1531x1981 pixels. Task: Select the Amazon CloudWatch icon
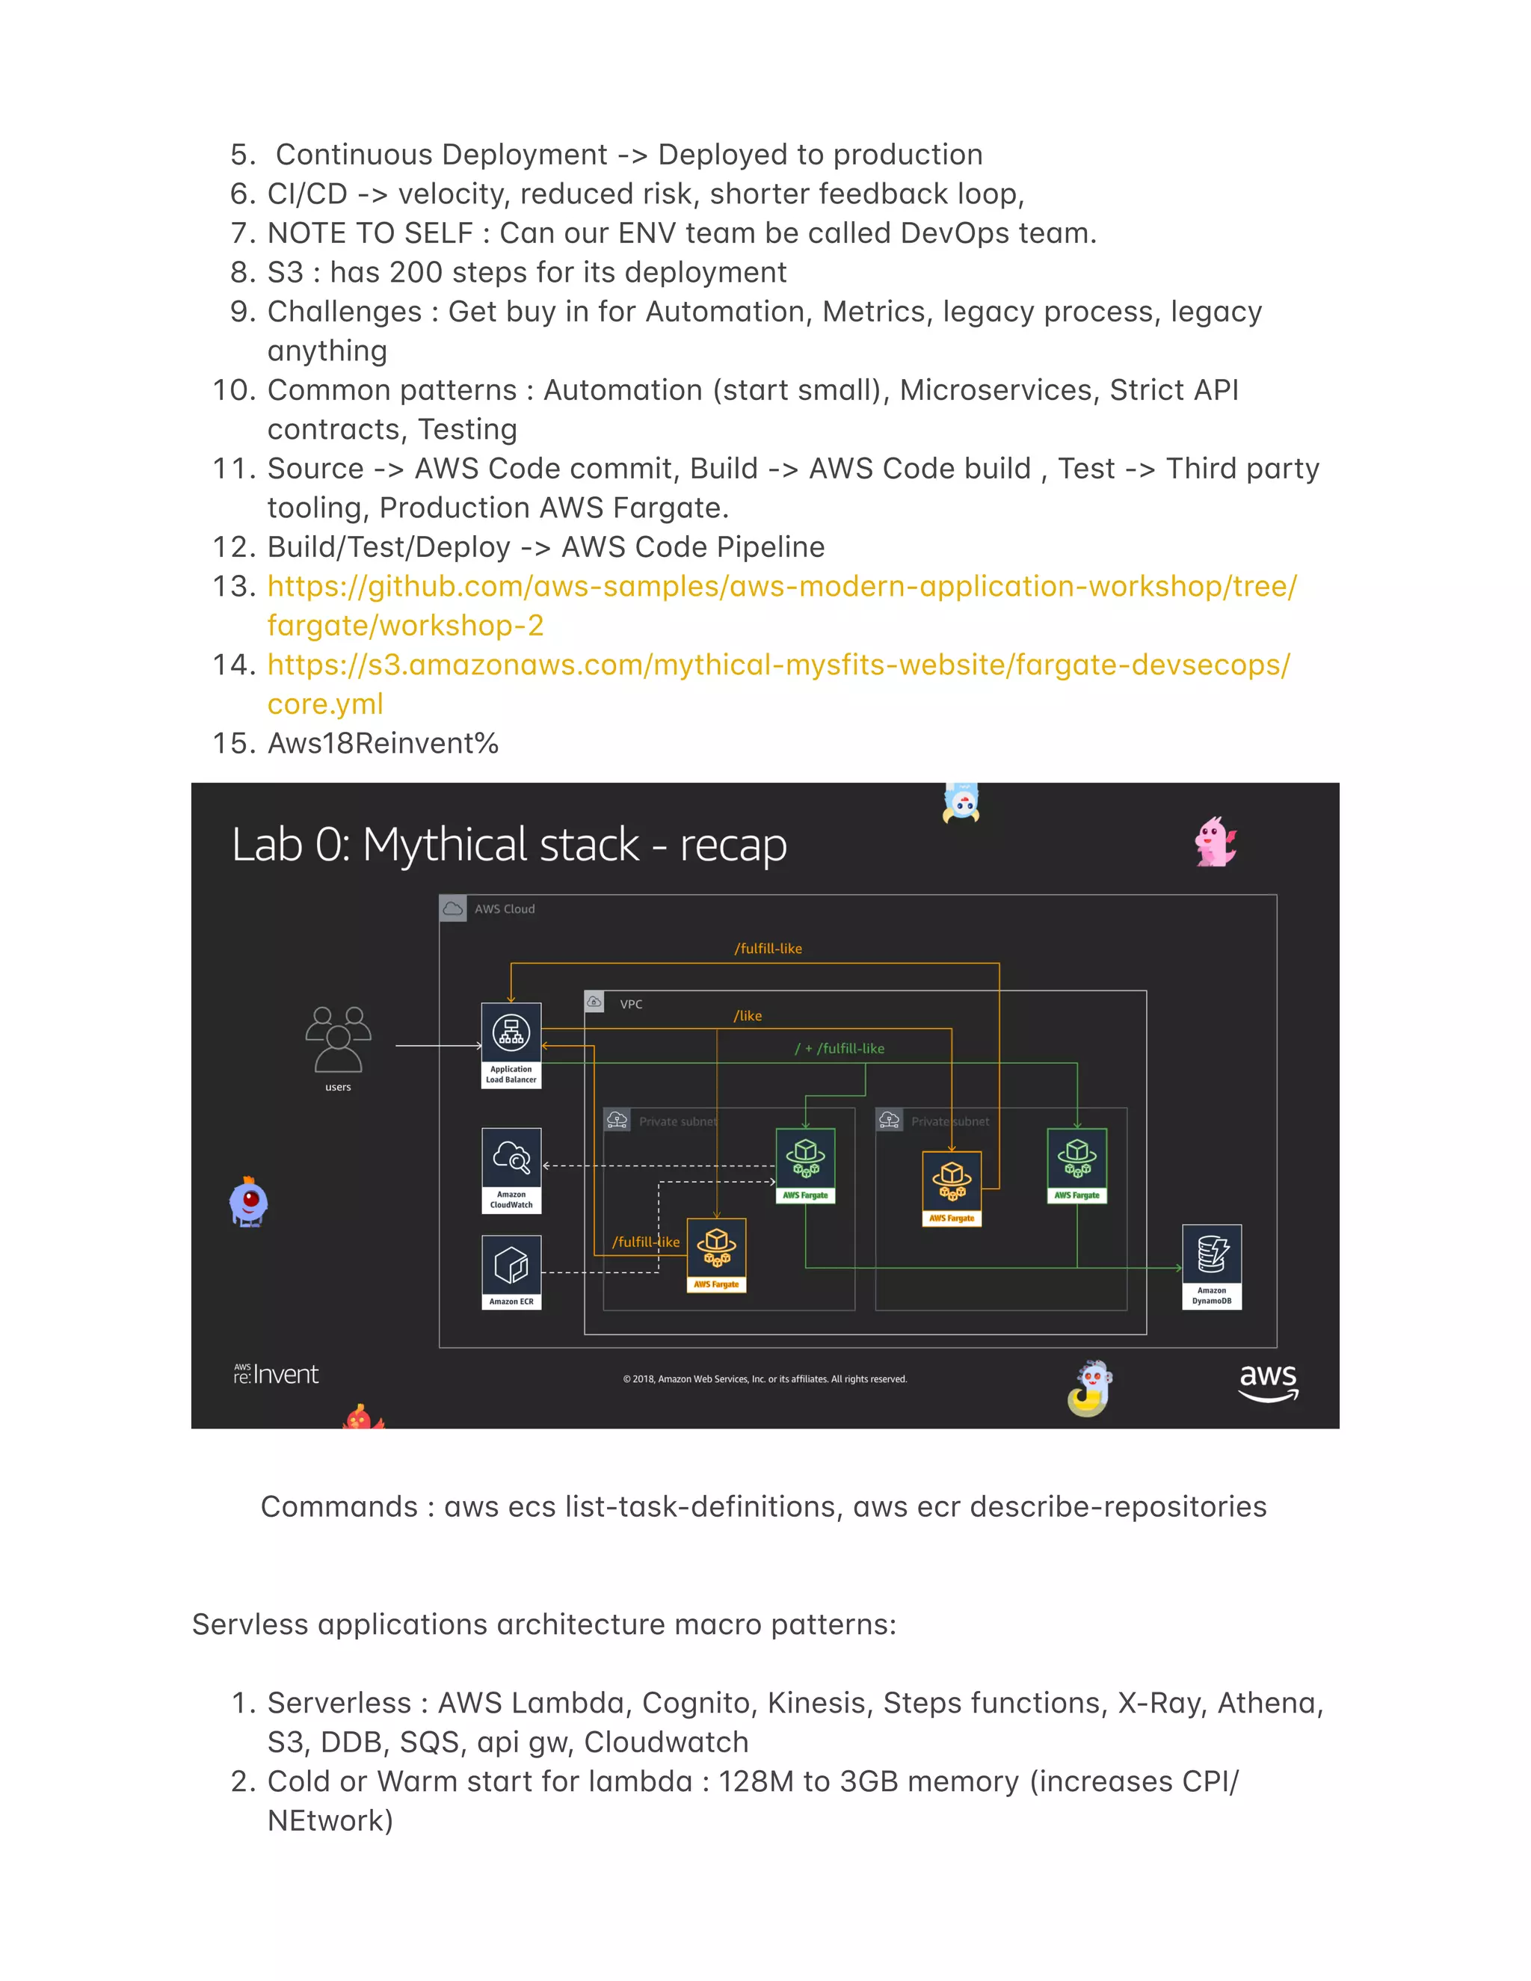(511, 1158)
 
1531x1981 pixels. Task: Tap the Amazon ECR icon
(511, 1266)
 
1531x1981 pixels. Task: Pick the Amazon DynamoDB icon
(1212, 1255)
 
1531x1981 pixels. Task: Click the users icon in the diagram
(339, 1040)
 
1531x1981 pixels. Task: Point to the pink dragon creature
(1215, 842)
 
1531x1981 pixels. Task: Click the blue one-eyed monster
(248, 1203)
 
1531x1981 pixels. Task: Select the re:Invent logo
(276, 1375)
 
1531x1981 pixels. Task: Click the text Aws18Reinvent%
(383, 744)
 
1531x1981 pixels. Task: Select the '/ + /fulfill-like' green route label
(839, 1049)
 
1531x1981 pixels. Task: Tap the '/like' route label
(748, 1016)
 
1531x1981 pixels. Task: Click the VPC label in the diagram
(630, 1004)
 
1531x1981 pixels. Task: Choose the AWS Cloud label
(505, 909)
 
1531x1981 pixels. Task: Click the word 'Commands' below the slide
(339, 1506)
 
